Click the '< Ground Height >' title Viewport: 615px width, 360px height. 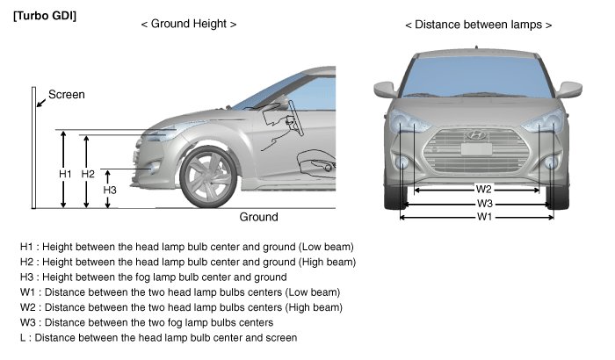[x=188, y=25]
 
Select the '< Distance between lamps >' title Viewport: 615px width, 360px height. [x=478, y=25]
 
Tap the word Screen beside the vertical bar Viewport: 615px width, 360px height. [x=66, y=94]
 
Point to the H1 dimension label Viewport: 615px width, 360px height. [x=65, y=174]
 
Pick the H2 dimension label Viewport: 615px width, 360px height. [x=88, y=174]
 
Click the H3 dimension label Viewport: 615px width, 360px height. [x=110, y=189]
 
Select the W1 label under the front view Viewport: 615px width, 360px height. [x=477, y=216]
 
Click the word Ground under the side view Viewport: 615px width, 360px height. [x=258, y=217]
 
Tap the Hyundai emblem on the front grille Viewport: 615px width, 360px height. [x=476, y=135]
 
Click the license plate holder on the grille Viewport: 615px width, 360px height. [x=476, y=150]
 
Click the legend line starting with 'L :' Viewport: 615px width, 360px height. [x=158, y=337]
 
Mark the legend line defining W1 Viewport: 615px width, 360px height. [x=179, y=292]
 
